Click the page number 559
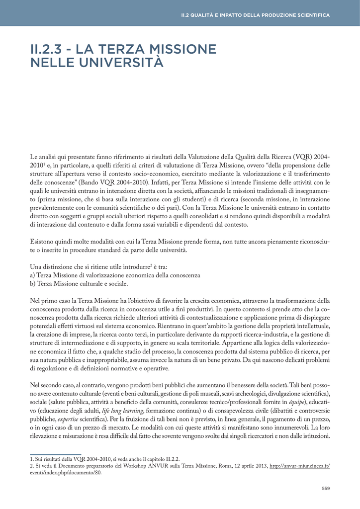click(326, 488)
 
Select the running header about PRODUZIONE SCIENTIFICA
click(255, 15)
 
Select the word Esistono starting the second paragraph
click(44, 242)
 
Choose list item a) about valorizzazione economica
click(115, 275)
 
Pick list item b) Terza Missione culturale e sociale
click(79, 284)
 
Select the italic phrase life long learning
click(122, 411)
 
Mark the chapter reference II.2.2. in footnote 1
click(171, 459)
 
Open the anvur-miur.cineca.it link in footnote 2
click(299, 466)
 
